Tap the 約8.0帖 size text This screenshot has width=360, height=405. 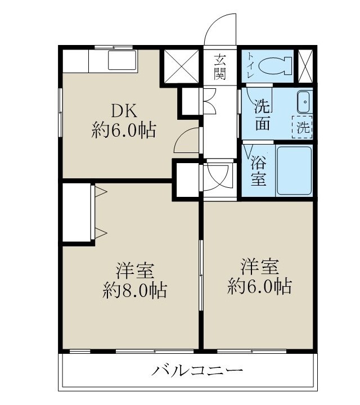tap(134, 290)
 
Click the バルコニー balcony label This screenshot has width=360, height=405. tap(197, 371)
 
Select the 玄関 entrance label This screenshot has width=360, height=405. tap(220, 66)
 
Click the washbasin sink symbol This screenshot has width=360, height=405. tap(304, 102)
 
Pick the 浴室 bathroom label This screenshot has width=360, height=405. tap(258, 172)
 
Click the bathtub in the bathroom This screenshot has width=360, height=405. tap(293, 170)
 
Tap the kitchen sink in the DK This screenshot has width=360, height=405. tap(119, 61)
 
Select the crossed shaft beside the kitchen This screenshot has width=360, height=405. tap(181, 67)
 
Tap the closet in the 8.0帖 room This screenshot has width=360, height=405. tap(78, 212)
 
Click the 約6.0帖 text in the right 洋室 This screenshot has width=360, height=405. tap(259, 286)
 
